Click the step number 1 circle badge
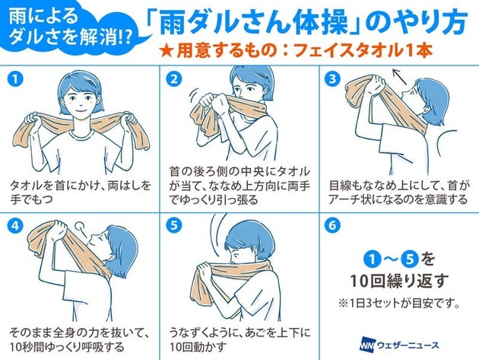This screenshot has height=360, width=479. pos(15,79)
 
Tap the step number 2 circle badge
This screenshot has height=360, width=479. pos(174,79)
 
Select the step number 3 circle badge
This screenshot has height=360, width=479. pos(332,79)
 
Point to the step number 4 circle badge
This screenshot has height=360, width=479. pos(15,226)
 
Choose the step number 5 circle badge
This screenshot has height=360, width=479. pos(174,226)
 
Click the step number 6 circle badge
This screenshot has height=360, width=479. pos(332,226)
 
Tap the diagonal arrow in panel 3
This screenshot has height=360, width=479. pos(400,76)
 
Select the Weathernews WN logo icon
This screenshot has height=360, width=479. pos(367,346)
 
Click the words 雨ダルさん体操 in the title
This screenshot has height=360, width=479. pos(253,23)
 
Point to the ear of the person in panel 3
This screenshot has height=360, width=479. pos(427,107)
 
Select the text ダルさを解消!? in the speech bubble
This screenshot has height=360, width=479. pos(71,38)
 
